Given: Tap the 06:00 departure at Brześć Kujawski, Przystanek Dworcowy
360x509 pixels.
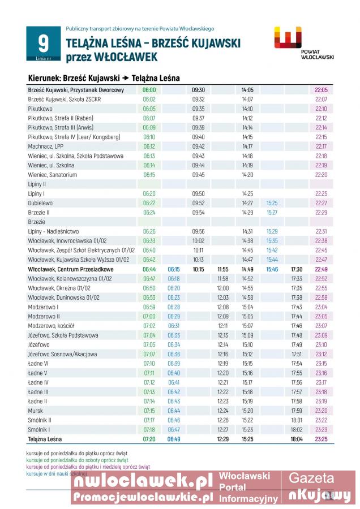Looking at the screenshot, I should (x=149, y=90).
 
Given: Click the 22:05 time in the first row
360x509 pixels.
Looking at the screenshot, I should (x=321, y=90).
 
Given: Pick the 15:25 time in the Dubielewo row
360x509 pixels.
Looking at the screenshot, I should (x=272, y=203).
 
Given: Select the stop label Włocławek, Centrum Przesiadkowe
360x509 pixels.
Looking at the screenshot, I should (x=70, y=269).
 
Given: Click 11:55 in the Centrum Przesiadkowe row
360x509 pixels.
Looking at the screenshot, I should (x=222, y=269).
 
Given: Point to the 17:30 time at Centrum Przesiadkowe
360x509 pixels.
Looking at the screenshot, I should (x=297, y=269).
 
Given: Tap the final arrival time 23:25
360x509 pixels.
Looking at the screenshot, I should (x=321, y=439).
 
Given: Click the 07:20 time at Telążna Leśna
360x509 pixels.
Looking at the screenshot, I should (x=149, y=439).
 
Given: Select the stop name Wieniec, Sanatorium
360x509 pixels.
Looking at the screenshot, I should (x=53, y=175).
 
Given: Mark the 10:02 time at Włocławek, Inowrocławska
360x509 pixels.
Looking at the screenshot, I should (x=198, y=241).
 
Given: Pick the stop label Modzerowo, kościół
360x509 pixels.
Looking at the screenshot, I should (x=52, y=326).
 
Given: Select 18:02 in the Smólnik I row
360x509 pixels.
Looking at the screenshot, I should (x=297, y=429).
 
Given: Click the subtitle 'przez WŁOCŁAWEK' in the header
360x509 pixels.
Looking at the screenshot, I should (x=112, y=57).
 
